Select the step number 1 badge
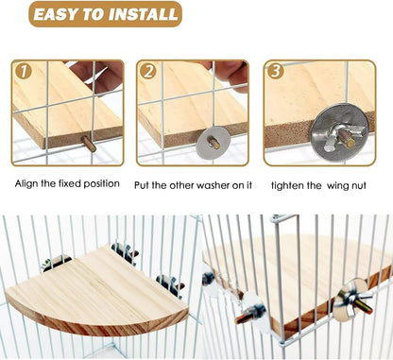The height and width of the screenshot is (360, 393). click(x=23, y=72)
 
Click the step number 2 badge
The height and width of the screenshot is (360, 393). click(x=147, y=72)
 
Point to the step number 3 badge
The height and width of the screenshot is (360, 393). click(x=275, y=72)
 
